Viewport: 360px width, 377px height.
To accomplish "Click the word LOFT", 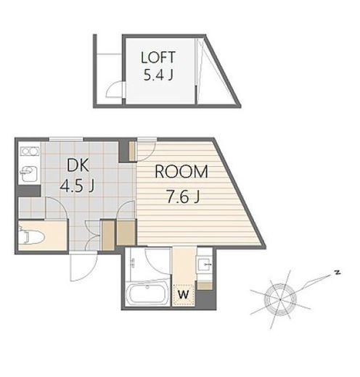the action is click(157, 57).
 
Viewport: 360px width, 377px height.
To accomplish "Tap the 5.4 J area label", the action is click(158, 75).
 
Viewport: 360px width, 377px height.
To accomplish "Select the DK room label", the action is click(78, 165).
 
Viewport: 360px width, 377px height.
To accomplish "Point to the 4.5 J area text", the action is click(77, 186).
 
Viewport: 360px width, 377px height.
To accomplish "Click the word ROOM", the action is click(181, 172).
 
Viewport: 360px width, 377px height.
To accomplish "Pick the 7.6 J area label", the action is click(183, 197).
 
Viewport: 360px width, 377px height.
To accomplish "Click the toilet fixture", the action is click(31, 236).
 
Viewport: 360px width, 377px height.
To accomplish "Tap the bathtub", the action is click(147, 294).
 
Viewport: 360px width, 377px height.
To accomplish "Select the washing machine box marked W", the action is click(184, 295).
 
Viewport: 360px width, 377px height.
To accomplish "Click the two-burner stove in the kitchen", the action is click(30, 152).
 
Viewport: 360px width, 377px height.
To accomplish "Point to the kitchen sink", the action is click(28, 173).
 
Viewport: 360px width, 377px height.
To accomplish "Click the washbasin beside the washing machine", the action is click(205, 265).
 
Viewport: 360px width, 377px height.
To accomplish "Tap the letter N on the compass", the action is click(337, 273).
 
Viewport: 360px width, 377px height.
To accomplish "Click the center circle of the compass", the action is click(280, 299).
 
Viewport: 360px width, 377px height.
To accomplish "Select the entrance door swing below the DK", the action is click(83, 266).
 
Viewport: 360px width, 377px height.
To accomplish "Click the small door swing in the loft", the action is click(115, 89).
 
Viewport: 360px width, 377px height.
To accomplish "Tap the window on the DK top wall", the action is click(66, 139).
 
